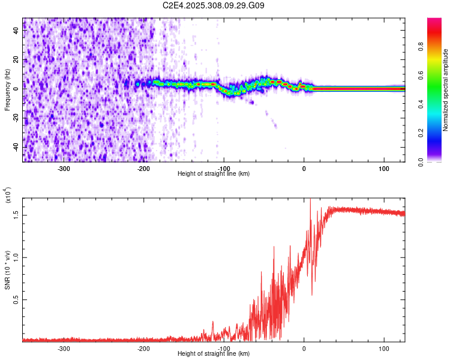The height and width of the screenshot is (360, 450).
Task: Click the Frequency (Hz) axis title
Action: (x=7, y=89)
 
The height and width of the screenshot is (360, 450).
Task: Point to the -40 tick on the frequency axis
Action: (x=16, y=147)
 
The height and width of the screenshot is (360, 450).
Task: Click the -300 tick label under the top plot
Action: (x=63, y=169)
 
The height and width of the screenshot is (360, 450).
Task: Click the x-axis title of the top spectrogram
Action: (x=214, y=174)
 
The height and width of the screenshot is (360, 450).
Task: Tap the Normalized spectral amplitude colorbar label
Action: (x=446, y=90)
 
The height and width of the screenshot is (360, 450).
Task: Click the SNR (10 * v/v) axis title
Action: (x=7, y=270)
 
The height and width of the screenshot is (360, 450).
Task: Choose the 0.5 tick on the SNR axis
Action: (x=16, y=299)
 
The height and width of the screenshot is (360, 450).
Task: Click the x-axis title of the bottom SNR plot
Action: (x=214, y=354)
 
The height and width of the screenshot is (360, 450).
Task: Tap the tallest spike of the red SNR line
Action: (x=310, y=200)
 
